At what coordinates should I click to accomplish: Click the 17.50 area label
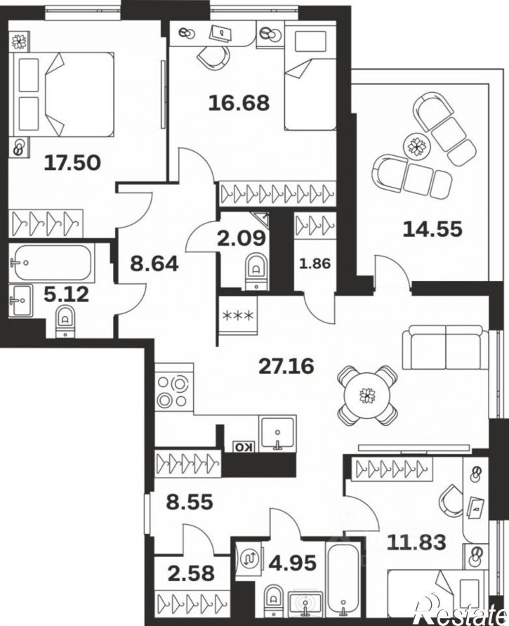coord(72,163)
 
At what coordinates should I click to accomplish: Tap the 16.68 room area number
coord(239,103)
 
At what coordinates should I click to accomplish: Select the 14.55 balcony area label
coord(432,229)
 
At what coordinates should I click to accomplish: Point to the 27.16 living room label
coord(286,366)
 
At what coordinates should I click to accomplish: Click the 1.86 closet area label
coord(315,264)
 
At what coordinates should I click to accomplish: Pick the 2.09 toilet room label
coord(242,238)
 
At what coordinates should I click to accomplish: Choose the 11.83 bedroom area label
coord(417,542)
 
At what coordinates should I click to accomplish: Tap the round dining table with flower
coord(366,396)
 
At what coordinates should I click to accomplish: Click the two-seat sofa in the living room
coord(446,347)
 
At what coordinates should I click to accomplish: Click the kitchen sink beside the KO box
coord(277,433)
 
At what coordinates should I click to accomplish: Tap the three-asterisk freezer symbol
coord(237,316)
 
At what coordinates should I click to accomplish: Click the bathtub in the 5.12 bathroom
coord(52,263)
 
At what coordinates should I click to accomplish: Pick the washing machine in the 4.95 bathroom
coord(250,556)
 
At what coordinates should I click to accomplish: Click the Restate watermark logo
coord(462,613)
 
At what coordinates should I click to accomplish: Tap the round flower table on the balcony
coord(418,147)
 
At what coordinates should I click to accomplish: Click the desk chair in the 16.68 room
coord(213,57)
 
